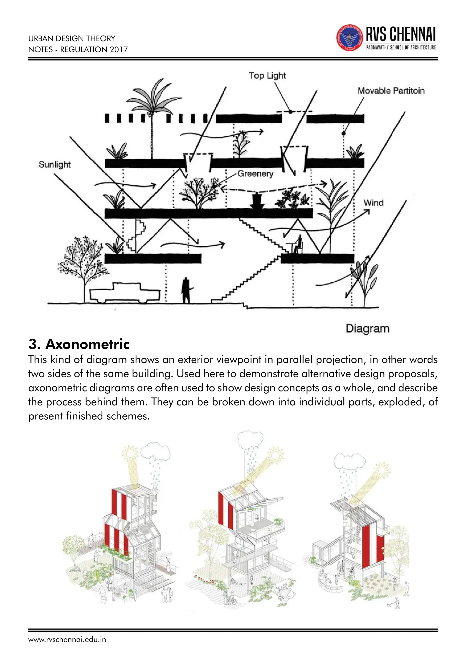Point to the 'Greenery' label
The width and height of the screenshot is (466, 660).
pos(255,174)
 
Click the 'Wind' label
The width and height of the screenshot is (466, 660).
pos(373,203)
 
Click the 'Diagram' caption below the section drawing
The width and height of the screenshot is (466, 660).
pos(367,328)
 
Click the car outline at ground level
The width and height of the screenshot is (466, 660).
pos(125,293)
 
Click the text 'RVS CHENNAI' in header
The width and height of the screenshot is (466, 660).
pos(400,34)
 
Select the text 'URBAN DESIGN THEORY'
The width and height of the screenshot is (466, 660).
pos(72,39)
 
